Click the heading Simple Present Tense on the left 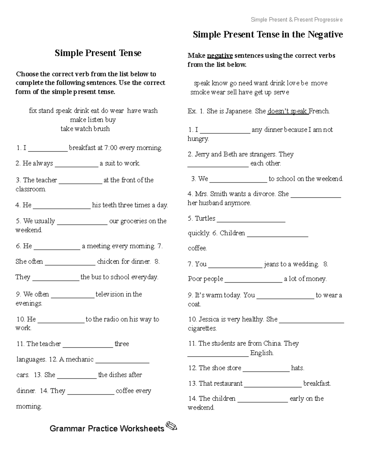pyautogui.click(x=98, y=53)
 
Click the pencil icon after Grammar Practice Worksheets pyautogui.click(x=171, y=426)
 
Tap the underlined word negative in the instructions pyautogui.click(x=220, y=56)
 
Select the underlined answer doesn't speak pyautogui.click(x=287, y=111)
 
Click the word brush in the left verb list pyautogui.click(x=102, y=129)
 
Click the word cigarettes pyautogui.click(x=202, y=329)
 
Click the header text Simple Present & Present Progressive pyautogui.click(x=296, y=20)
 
